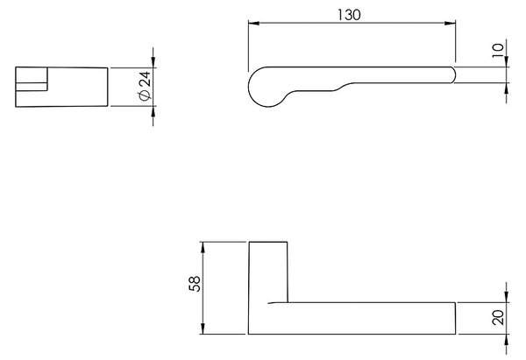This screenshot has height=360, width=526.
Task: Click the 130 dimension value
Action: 349,15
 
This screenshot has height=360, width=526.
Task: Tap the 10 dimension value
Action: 499,50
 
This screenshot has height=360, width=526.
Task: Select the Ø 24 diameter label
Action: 145,86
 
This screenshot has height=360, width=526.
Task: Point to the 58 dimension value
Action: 195,284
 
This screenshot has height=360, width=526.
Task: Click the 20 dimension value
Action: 499,317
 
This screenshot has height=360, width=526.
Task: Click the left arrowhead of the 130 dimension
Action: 254,23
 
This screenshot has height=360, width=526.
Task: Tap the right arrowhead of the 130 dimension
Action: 450,23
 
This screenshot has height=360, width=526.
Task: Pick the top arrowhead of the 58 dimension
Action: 203,247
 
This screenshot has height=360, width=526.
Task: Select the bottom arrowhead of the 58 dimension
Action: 203,328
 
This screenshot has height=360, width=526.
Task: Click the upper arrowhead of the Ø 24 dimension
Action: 153,62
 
